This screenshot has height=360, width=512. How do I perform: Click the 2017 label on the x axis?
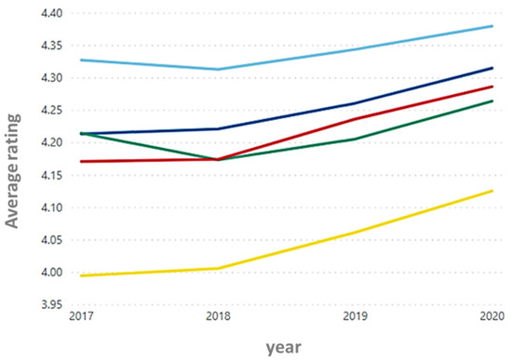click(x=80, y=319)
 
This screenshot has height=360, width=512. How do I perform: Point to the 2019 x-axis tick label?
click(x=355, y=319)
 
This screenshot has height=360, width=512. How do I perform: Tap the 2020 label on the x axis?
click(x=491, y=319)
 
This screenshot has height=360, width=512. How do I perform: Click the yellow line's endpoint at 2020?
click(x=492, y=191)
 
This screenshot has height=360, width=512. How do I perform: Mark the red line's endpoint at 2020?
click(x=492, y=87)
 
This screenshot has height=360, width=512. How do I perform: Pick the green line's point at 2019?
click(x=355, y=139)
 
